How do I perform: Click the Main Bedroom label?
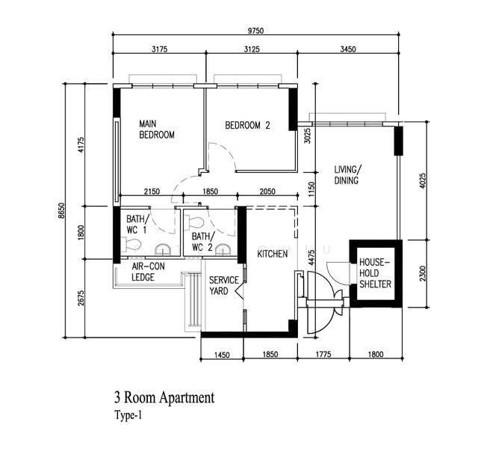coord(157,129)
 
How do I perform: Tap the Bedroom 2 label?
coord(247,126)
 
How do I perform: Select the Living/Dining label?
coord(347,174)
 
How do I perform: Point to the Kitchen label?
coord(273,254)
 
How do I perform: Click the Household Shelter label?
coord(375,273)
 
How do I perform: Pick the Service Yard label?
coord(224,286)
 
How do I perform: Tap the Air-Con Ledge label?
coord(148,272)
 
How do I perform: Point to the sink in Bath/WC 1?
coord(163,250)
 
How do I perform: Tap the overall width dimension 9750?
coord(255,31)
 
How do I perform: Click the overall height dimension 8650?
coord(62,210)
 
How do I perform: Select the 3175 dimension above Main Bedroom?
coord(160,49)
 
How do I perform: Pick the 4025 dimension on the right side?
coord(423,181)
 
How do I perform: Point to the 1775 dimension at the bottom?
coord(323,355)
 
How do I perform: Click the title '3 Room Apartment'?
coord(164,397)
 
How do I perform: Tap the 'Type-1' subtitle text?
coord(128,415)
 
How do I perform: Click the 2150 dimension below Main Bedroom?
coord(152,192)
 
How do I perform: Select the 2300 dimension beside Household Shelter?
coord(423,273)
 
